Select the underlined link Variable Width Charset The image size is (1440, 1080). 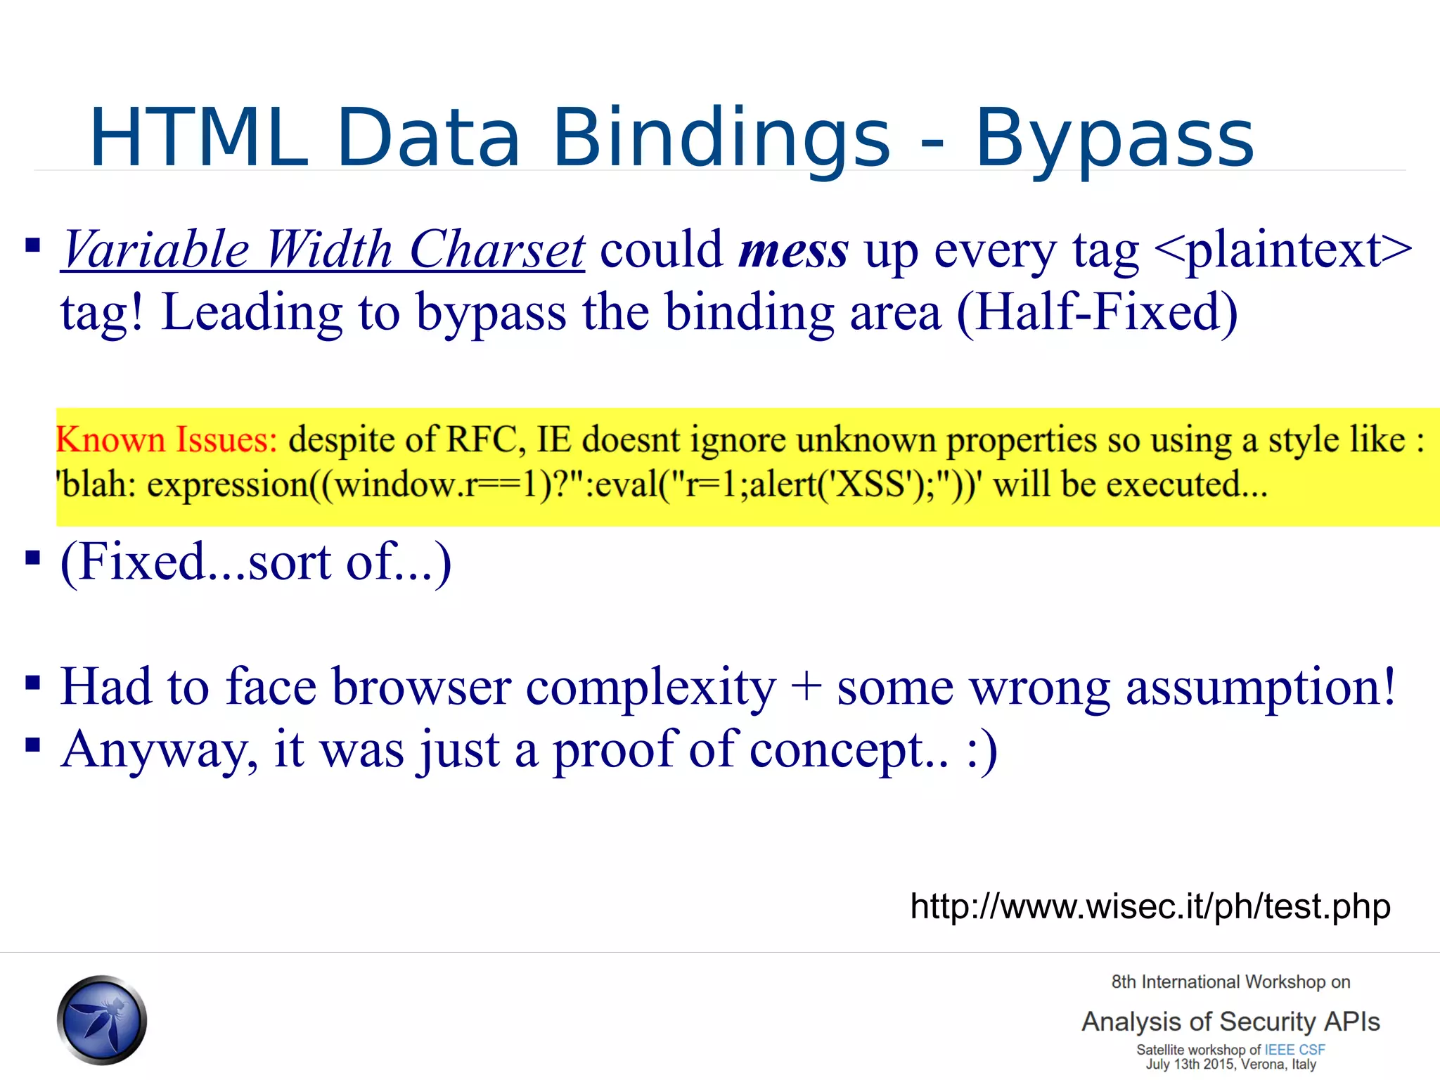(x=323, y=250)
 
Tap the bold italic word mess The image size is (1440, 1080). (x=793, y=252)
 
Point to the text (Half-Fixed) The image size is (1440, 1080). (x=1097, y=313)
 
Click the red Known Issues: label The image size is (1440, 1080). (x=167, y=440)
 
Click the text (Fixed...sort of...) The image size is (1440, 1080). (x=255, y=562)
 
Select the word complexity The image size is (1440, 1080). (x=650, y=688)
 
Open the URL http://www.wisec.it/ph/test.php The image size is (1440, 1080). (x=1150, y=906)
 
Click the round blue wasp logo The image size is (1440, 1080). (x=102, y=1020)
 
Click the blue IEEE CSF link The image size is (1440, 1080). (x=1294, y=1050)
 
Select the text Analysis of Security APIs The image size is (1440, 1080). (x=1230, y=1022)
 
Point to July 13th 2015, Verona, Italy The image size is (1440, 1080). (x=1230, y=1065)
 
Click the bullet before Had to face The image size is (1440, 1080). (x=32, y=682)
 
